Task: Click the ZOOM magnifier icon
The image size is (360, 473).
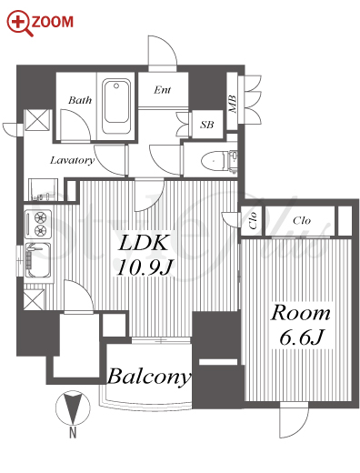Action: (x=20, y=23)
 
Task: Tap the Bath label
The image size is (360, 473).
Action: (x=80, y=100)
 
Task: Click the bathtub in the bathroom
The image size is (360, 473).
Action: (x=116, y=106)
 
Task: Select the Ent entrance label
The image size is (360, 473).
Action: (x=163, y=90)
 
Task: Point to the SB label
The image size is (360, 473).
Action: (x=207, y=125)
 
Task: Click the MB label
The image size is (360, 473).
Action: (x=233, y=105)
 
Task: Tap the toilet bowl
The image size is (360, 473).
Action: (x=214, y=161)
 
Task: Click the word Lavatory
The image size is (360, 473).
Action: (x=72, y=160)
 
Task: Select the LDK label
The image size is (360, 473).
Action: (x=143, y=243)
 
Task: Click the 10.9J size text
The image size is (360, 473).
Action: (x=145, y=267)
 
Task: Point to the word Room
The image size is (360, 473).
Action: (x=300, y=313)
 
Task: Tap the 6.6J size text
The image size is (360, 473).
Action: (x=302, y=337)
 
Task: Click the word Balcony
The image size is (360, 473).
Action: (x=149, y=377)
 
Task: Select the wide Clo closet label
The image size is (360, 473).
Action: (x=302, y=220)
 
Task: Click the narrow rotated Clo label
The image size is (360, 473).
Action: (x=253, y=220)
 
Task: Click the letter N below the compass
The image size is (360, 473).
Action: (x=73, y=433)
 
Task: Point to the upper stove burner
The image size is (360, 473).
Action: (x=40, y=217)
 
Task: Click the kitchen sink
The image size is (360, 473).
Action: (x=38, y=260)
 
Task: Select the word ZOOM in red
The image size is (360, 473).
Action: (x=53, y=22)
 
